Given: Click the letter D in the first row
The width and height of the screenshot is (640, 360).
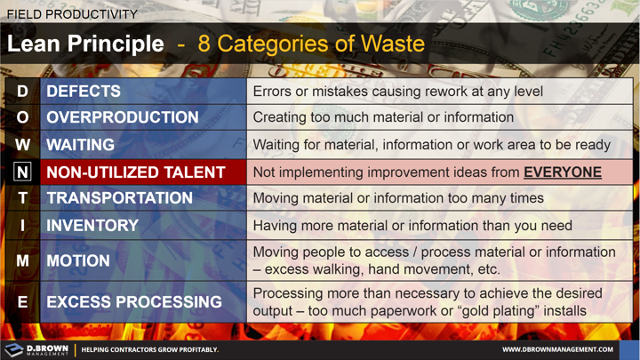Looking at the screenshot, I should click(22, 92).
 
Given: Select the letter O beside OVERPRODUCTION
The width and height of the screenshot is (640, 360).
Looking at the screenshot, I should click(22, 118).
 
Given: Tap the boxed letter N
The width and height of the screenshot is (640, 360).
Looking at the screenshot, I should click(22, 172).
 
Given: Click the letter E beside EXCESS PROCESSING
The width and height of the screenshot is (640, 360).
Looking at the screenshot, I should click(22, 302).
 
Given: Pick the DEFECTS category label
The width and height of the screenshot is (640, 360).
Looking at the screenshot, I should click(84, 92).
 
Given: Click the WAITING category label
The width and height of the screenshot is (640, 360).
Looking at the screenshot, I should click(81, 145).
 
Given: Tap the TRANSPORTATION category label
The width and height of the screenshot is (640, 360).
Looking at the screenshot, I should click(119, 198).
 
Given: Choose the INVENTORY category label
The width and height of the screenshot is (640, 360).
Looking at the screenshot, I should click(92, 226).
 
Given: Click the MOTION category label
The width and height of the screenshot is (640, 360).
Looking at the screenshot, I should click(78, 261).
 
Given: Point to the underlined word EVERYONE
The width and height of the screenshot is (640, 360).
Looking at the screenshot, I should click(562, 172).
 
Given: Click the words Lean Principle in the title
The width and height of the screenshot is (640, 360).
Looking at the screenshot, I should click(85, 44).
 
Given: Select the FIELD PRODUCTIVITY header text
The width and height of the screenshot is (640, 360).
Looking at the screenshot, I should click(72, 14).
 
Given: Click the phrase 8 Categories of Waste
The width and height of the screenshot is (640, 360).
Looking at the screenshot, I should click(311, 44).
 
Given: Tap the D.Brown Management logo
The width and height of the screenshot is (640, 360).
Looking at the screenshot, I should click(36, 349).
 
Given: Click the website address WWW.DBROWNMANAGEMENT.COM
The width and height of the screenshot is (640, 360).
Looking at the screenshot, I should click(557, 350).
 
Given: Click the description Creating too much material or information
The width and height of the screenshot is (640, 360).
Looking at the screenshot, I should click(383, 117).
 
